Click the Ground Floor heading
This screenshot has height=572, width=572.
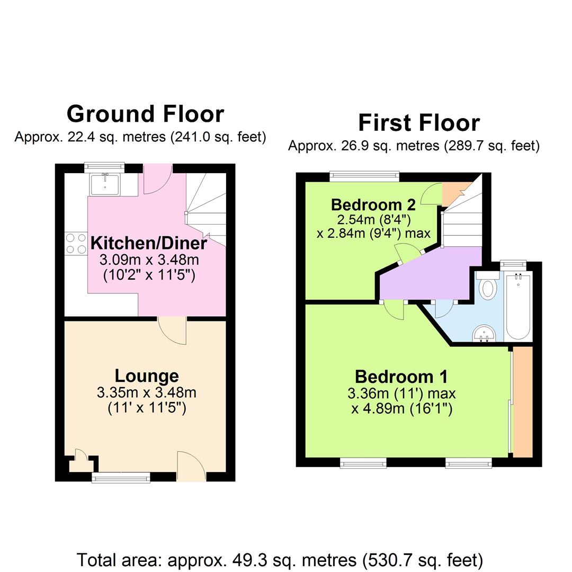pyautogui.click(x=145, y=114)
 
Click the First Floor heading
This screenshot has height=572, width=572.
pyautogui.click(x=418, y=123)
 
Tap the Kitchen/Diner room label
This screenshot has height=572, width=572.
pyautogui.click(x=148, y=244)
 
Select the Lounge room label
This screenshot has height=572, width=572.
pyautogui.click(x=147, y=376)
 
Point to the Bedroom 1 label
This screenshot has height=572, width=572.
pyautogui.click(x=401, y=377)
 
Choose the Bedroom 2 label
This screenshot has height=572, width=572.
pyautogui.click(x=373, y=204)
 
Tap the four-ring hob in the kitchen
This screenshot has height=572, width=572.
pyautogui.click(x=76, y=244)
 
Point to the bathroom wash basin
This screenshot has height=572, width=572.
pyautogui.click(x=484, y=333)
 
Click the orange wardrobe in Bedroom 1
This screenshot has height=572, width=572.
pyautogui.click(x=522, y=400)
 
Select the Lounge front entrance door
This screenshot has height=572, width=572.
pyautogui.click(x=191, y=466)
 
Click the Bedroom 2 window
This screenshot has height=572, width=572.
pyautogui.click(x=364, y=176)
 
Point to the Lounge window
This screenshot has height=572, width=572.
pyautogui.click(x=121, y=478)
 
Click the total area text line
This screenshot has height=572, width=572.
pyautogui.click(x=280, y=559)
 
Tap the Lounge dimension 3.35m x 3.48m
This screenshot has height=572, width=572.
pyautogui.click(x=147, y=393)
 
